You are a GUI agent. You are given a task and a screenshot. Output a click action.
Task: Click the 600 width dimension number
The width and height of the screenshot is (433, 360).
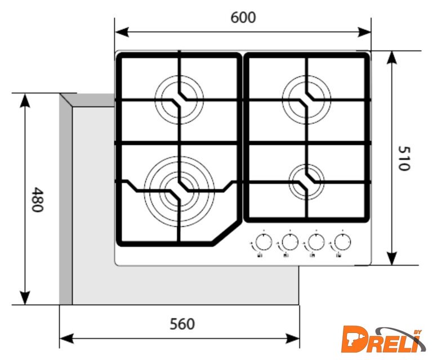(x=243, y=17)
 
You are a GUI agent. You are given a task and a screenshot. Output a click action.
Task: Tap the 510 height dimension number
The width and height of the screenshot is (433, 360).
(x=404, y=157)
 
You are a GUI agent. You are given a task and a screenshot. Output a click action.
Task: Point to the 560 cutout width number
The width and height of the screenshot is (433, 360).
(x=182, y=324)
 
